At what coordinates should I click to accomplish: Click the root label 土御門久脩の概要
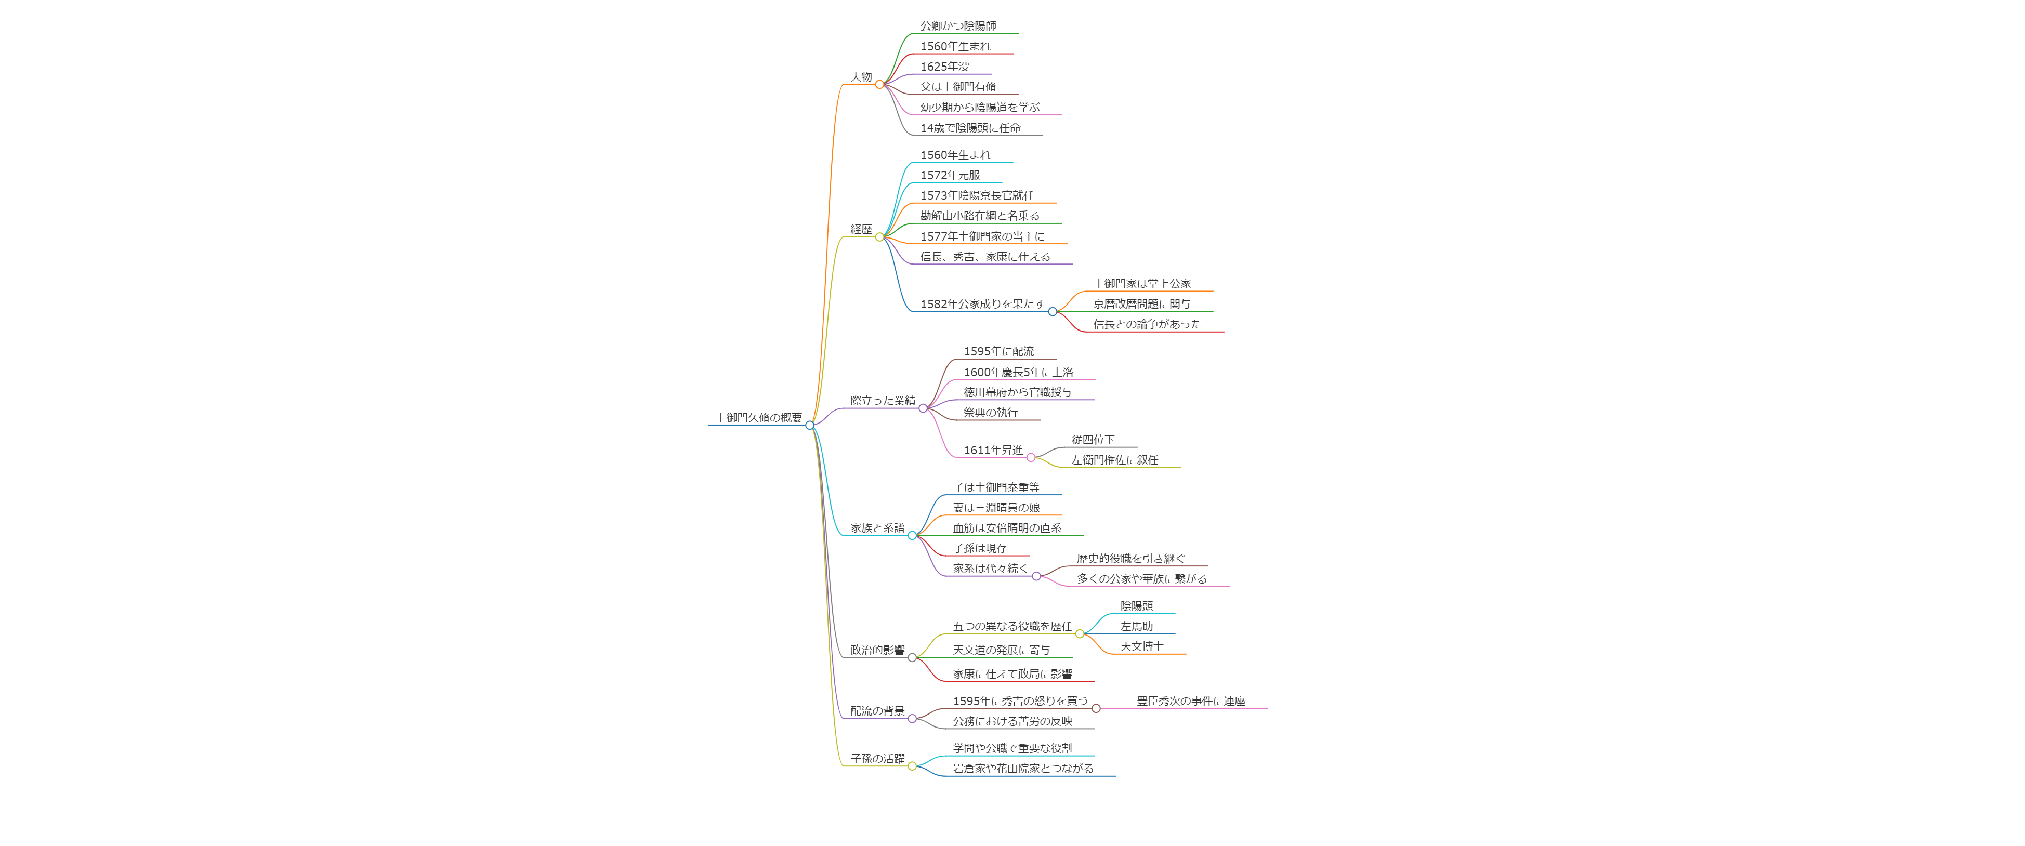(x=758, y=417)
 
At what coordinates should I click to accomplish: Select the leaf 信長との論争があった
(x=1147, y=324)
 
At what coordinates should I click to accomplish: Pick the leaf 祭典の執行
(x=991, y=413)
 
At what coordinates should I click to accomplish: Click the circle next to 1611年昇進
(x=1031, y=458)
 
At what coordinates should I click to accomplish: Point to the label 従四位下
(x=1093, y=440)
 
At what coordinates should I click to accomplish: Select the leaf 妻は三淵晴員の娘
(x=996, y=508)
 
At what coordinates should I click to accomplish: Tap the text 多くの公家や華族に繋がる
(x=1141, y=579)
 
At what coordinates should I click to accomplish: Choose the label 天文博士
(x=1141, y=646)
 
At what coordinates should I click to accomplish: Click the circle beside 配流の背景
(x=912, y=719)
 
